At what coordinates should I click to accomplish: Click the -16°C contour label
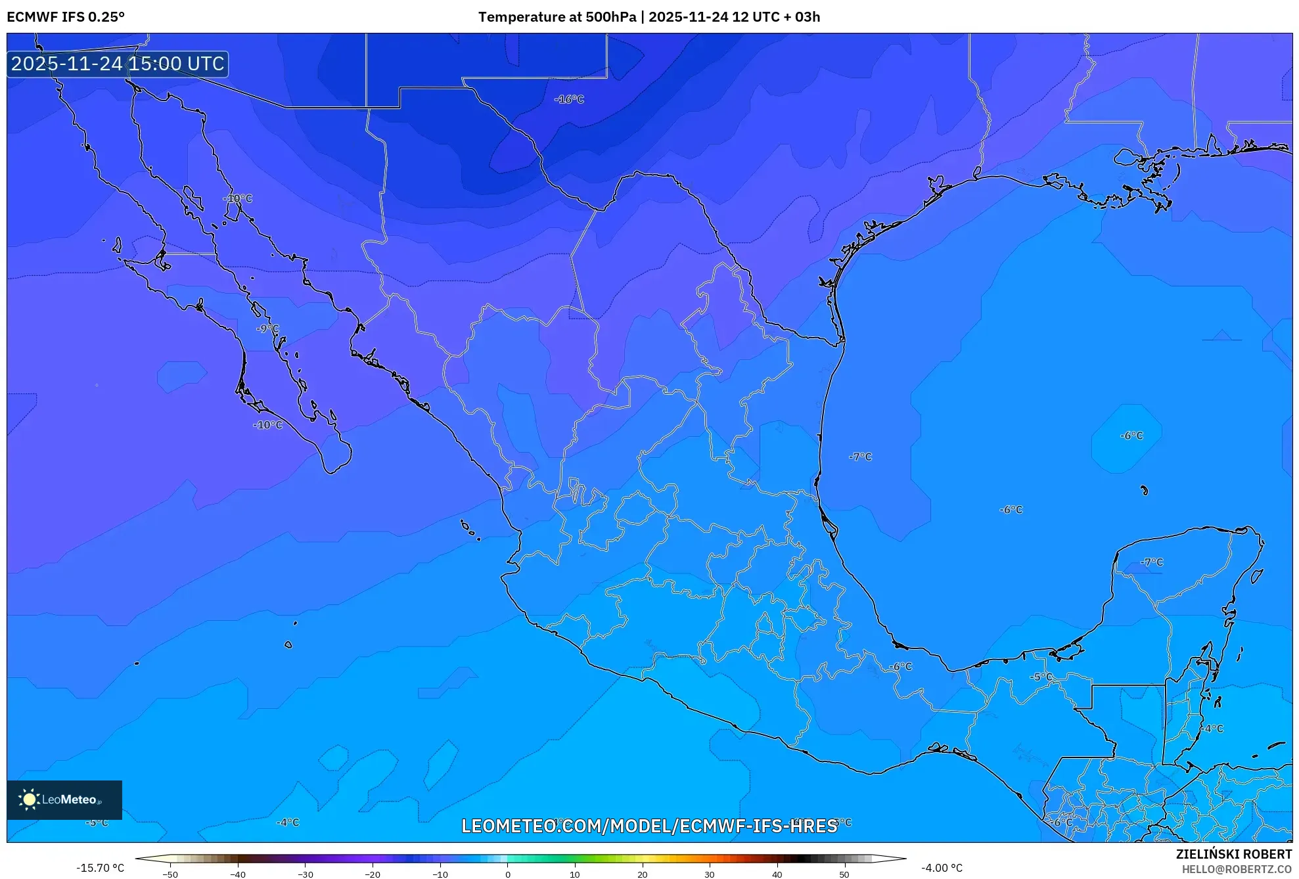coord(569,99)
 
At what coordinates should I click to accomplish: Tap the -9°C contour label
coord(267,328)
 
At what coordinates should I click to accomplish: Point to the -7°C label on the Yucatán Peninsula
coord(1152,562)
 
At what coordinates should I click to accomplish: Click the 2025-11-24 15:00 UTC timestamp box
coord(118,64)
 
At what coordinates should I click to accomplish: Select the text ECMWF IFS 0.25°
coord(66,17)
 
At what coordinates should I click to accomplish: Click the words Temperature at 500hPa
coord(557,17)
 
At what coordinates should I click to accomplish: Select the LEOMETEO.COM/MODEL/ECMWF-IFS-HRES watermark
coord(649,826)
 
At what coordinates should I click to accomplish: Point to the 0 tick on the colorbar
coord(507,874)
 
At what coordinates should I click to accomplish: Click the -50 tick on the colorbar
coord(170,874)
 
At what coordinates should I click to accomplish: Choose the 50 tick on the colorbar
coord(844,874)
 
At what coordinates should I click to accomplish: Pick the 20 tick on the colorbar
coord(642,874)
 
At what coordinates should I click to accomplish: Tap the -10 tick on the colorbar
coord(440,874)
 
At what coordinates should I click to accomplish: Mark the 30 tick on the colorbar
coord(710,874)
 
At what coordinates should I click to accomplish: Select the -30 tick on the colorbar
coord(306,874)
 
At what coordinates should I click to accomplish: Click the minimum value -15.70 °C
coord(100,868)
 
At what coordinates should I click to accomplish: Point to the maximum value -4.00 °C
coord(942,868)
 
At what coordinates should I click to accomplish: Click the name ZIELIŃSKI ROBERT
coord(1233,854)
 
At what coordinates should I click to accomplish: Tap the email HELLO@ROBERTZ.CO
coord(1237,869)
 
